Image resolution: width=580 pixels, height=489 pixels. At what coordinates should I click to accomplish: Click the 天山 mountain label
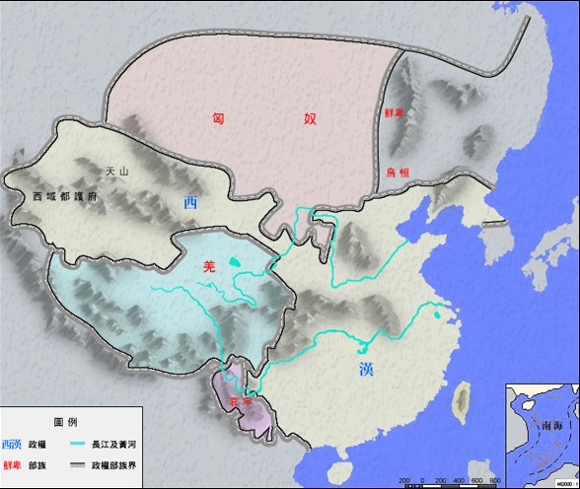point(117,173)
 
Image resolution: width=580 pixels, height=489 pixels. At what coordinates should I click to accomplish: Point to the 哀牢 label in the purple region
point(241,402)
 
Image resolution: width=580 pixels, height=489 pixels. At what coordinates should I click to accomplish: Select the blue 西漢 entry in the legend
point(13,445)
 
